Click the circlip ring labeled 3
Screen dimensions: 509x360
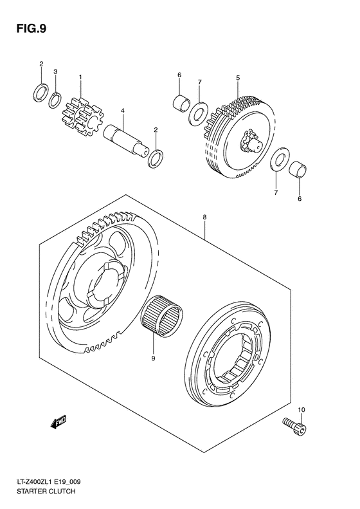[x=56, y=100]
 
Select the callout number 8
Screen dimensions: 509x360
[x=204, y=217]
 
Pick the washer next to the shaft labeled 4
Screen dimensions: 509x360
[x=155, y=158]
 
